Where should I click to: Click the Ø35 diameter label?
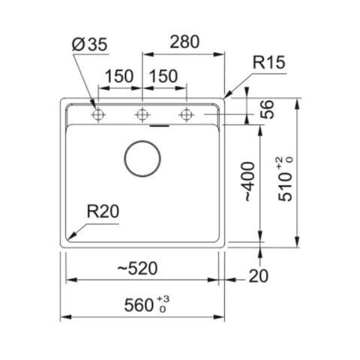pos(89,44)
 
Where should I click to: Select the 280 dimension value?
pos(184,42)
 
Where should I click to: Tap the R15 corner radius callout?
pos(269,62)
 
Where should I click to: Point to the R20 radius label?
pos(103,211)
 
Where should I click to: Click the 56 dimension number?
pos(267,109)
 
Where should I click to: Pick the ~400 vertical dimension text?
pos(248,181)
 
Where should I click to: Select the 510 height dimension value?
pos(285,187)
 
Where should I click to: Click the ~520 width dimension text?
pos(137,268)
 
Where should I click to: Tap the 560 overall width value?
pos(139,305)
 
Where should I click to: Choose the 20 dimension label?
pos(259,276)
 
